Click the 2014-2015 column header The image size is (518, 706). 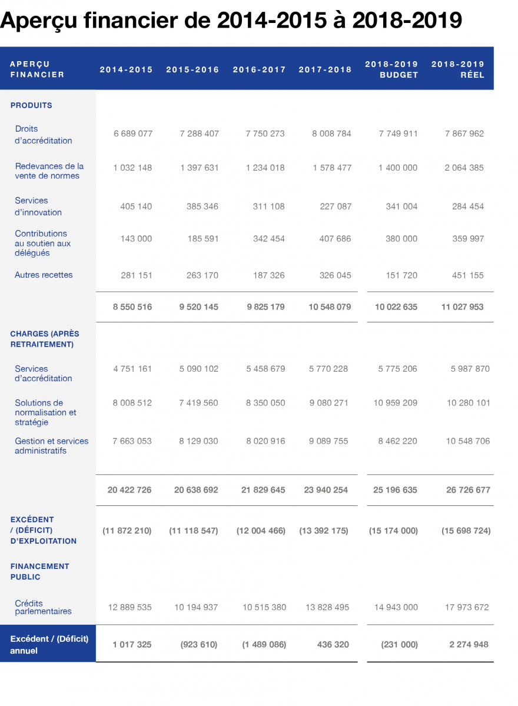click(x=126, y=69)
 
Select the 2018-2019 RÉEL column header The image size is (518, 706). click(x=458, y=69)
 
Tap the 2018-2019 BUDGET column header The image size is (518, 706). click(x=391, y=69)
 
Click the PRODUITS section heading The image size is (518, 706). click(x=31, y=105)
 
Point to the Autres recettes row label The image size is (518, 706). click(x=44, y=275)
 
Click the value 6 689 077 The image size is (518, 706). click(x=133, y=134)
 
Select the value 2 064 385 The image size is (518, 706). click(x=464, y=168)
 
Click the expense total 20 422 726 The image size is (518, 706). click(x=129, y=489)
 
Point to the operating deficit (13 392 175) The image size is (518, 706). click(x=324, y=531)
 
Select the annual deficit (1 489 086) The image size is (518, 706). click(x=264, y=644)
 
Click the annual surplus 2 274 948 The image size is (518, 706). click(x=469, y=644)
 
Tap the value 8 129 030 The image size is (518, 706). click(x=198, y=441)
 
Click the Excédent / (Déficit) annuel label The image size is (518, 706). click(x=49, y=644)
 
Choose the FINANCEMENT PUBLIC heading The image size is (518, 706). click(x=39, y=571)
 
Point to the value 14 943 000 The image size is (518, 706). click(x=396, y=607)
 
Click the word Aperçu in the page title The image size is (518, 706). click(x=38, y=21)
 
